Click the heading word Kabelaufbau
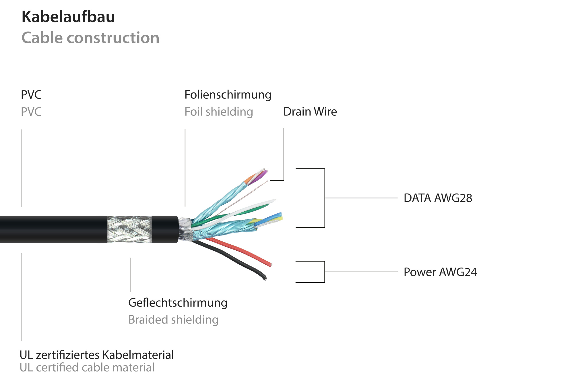click(68, 17)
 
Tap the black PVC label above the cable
click(31, 95)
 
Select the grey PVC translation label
click(31, 112)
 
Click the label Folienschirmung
click(228, 95)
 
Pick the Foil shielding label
click(218, 112)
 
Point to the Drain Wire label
click(310, 112)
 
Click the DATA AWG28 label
click(438, 198)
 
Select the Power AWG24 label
click(440, 272)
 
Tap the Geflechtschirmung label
click(178, 303)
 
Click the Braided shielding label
click(173, 320)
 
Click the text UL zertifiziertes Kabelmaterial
click(97, 355)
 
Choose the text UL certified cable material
click(87, 367)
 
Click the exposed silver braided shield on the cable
click(129, 229)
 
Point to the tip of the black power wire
click(264, 278)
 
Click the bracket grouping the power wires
click(324, 272)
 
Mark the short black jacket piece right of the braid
click(164, 229)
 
